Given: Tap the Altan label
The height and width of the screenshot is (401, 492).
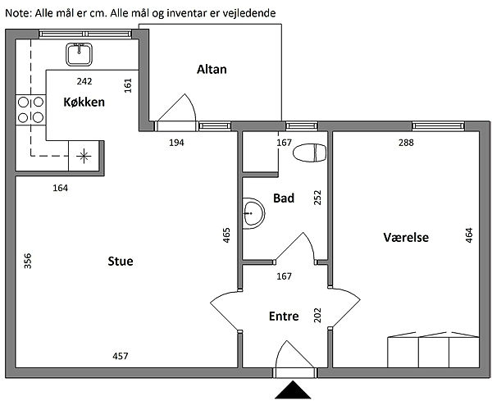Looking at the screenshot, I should point(212,70).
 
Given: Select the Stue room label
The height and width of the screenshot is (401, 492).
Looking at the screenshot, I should point(121,262).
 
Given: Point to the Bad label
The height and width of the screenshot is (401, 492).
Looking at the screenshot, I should point(284,198).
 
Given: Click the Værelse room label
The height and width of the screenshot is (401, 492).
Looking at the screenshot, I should point(406,238).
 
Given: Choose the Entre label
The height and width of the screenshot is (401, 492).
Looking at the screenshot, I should point(284,317).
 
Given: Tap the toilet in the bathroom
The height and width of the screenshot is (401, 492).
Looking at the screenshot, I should point(311,153).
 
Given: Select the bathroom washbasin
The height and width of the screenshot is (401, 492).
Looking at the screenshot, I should point(253,213).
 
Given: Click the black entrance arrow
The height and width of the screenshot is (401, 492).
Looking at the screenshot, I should point(294,391).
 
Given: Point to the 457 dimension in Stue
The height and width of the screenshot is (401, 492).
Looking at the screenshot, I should point(121,356).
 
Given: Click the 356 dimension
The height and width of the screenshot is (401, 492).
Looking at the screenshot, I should point(28,261).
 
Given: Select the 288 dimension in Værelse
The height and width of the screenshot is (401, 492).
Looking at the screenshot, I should point(406,143).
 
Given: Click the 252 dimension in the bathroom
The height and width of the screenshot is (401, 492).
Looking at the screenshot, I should point(317,198).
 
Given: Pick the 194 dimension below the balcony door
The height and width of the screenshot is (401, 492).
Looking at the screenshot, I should point(176,143).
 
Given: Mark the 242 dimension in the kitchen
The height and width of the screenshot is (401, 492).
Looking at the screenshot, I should point(84,81).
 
